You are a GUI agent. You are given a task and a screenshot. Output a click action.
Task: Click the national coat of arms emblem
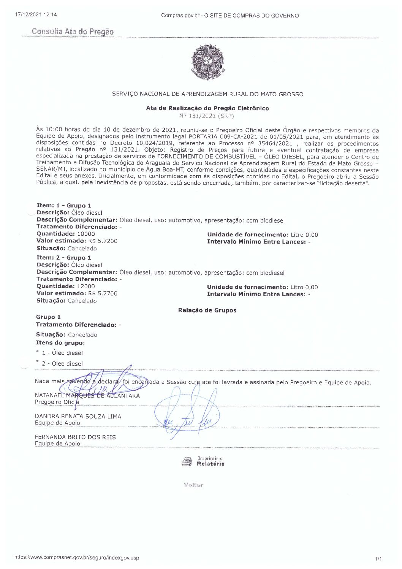(208, 62)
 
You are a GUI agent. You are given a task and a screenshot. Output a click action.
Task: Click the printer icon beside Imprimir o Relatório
(187, 462)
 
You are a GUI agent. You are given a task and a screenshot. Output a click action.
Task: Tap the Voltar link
(193, 485)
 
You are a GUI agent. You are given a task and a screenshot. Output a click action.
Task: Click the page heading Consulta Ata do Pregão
(73, 32)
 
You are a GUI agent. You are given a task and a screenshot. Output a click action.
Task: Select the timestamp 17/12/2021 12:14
(36, 15)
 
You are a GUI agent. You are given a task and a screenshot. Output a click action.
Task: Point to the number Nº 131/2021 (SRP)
(207, 116)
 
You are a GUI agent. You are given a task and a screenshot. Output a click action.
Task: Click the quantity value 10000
(86, 234)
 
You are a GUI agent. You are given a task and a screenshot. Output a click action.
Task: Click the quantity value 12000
(86, 286)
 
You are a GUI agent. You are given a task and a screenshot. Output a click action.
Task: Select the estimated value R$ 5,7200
(103, 241)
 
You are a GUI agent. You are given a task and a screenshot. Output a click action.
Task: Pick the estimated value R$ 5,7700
(103, 293)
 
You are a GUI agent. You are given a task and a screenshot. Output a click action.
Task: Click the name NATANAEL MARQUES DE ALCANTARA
(87, 396)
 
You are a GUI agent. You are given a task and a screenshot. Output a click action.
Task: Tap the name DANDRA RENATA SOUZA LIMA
(78, 416)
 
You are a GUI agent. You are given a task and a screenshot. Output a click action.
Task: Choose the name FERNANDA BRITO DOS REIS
(75, 437)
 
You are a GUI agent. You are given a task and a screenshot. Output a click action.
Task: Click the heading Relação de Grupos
(207, 310)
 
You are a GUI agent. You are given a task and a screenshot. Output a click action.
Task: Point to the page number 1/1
(378, 559)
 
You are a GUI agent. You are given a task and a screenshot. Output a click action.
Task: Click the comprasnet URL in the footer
(77, 558)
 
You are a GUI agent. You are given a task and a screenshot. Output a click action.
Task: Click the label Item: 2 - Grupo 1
(64, 258)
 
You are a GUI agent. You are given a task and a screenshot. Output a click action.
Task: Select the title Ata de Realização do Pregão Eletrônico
(207, 108)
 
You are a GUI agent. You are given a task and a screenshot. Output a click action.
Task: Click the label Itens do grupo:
(60, 342)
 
